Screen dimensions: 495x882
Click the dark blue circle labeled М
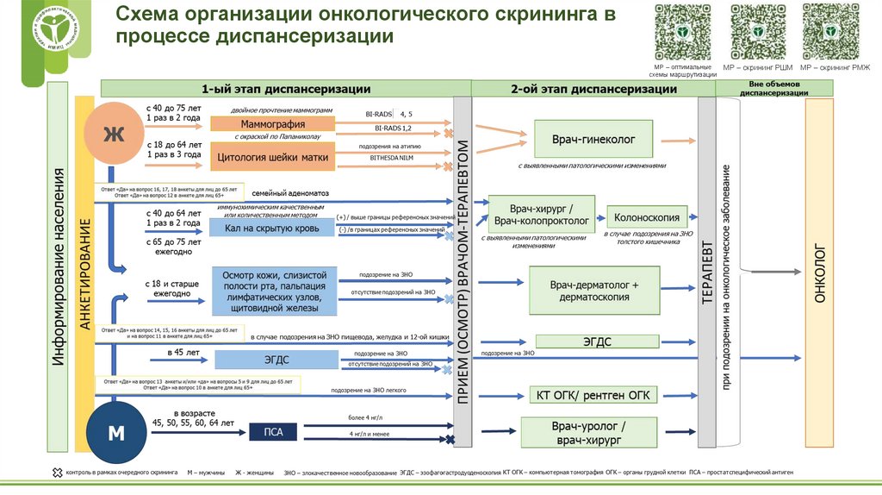pyautogui.click(x=115, y=431)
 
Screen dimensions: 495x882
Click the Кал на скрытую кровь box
pyautogui.click(x=271, y=228)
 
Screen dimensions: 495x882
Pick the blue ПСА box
pyautogui.click(x=271, y=431)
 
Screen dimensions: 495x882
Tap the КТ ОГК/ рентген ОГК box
pyautogui.click(x=593, y=395)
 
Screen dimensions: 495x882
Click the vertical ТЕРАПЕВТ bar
pyautogui.click(x=705, y=272)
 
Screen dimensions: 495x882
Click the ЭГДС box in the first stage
pyautogui.click(x=271, y=358)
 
